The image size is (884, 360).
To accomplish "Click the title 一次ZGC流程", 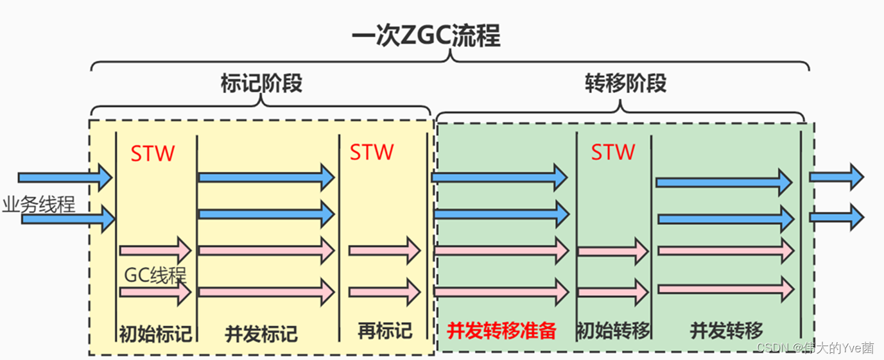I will pyautogui.click(x=426, y=36).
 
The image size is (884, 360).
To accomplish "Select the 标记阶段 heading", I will pyautogui.click(x=261, y=83).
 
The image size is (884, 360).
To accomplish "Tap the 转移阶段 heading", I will pyautogui.click(x=625, y=83).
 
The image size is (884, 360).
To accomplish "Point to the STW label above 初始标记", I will pyautogui.click(x=153, y=154).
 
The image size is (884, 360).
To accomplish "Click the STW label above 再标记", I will pyautogui.click(x=372, y=152).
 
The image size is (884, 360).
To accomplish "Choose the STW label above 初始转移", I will pyautogui.click(x=613, y=152).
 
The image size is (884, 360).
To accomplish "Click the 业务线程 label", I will pyautogui.click(x=39, y=205).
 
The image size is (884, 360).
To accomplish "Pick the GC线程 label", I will pyautogui.click(x=155, y=275).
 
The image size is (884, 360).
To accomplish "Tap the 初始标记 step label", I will pyautogui.click(x=155, y=334).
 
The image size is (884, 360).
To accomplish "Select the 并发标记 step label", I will pyautogui.click(x=261, y=334).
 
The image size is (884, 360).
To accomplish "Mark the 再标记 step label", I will pyautogui.click(x=385, y=331).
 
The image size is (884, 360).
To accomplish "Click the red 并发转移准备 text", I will pyautogui.click(x=501, y=331).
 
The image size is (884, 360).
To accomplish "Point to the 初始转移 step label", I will pyautogui.click(x=613, y=331).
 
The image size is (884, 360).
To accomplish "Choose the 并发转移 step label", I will pyautogui.click(x=727, y=331).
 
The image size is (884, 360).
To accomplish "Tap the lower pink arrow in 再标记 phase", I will pyautogui.click(x=384, y=292).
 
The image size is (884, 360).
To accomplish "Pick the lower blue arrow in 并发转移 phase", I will pyautogui.click(x=724, y=219).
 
